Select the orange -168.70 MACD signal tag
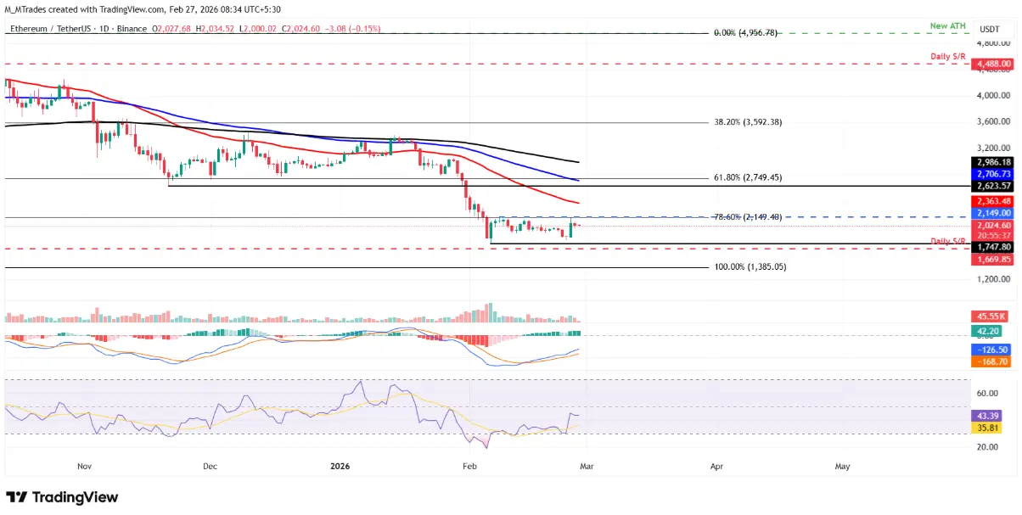point(990,361)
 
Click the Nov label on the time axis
point(83,467)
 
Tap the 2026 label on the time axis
point(339,467)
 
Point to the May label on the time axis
point(843,467)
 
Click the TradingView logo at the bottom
point(63,497)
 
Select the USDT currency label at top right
point(989,29)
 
